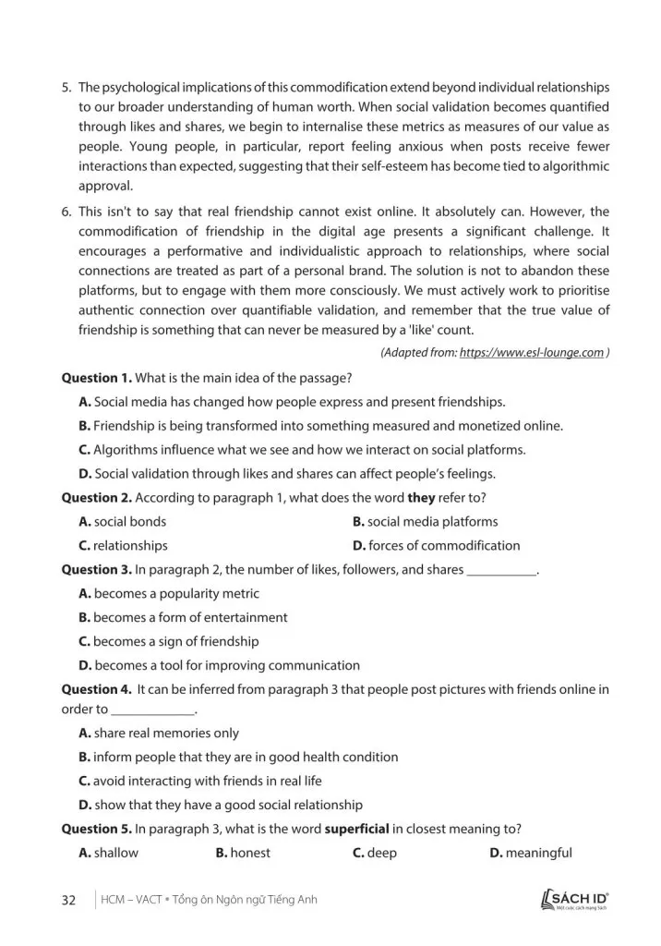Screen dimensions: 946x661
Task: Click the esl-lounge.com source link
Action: click(531, 353)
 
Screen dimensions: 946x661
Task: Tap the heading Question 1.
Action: click(97, 378)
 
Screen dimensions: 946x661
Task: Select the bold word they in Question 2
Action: click(421, 498)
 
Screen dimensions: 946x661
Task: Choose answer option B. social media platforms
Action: click(425, 522)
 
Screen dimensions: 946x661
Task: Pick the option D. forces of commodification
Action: click(436, 546)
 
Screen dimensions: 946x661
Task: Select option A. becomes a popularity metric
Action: click(169, 594)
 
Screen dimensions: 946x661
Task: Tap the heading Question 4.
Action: click(97, 689)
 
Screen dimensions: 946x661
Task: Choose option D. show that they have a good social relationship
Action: click(221, 805)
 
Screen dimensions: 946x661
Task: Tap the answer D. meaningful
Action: click(531, 853)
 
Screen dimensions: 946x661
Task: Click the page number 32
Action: click(68, 900)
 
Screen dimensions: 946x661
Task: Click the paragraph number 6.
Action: click(66, 212)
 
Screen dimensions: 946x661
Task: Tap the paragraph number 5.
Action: click(66, 88)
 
